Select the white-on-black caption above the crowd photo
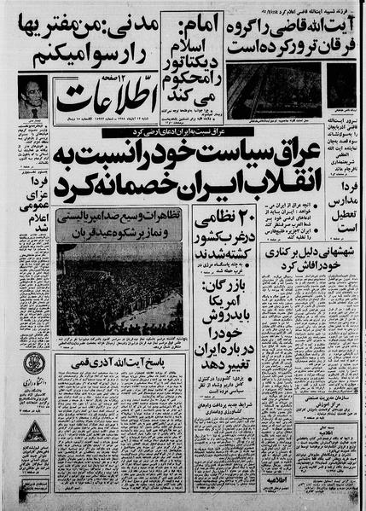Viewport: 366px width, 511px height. (x=119, y=224)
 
